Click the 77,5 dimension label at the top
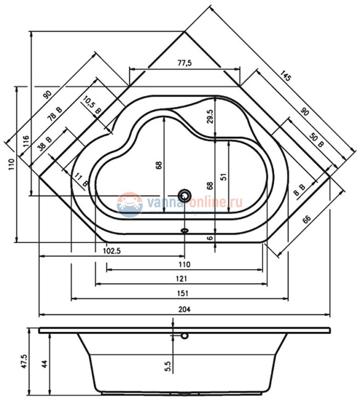[x=185, y=63]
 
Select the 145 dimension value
[x=285, y=75]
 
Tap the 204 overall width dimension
[x=185, y=309]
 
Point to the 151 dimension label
[x=183, y=293]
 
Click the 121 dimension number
[x=182, y=278]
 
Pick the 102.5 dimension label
[x=112, y=251]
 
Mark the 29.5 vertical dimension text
[x=210, y=117]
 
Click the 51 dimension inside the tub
[x=224, y=176]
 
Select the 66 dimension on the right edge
[x=306, y=219]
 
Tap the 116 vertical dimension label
[x=26, y=141]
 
